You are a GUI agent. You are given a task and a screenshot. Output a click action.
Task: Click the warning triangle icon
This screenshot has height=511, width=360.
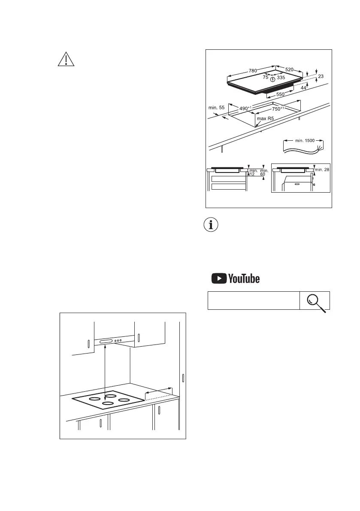(x=66, y=59)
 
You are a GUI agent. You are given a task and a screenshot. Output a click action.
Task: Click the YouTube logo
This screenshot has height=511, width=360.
(x=236, y=278)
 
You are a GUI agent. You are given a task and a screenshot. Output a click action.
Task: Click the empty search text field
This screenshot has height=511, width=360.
(x=253, y=300)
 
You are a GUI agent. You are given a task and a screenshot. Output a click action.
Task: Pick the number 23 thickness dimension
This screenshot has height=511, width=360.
(x=321, y=76)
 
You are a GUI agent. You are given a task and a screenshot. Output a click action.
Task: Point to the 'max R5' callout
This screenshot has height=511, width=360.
(x=266, y=118)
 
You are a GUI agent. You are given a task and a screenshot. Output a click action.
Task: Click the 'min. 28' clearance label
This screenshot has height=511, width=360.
(x=322, y=170)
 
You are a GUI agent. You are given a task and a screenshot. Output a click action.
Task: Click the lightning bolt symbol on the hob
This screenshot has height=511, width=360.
(x=273, y=79)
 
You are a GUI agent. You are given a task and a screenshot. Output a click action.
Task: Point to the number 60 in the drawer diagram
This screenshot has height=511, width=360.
(x=263, y=174)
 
